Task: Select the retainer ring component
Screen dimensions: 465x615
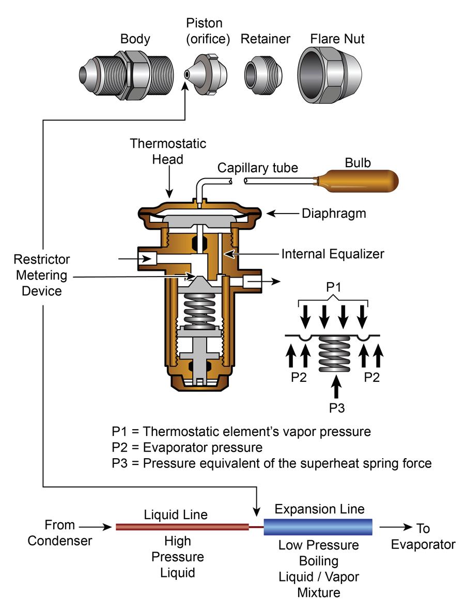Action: coord(263,74)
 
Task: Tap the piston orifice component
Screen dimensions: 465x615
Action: coord(206,74)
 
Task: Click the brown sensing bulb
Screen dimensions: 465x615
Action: coord(357,181)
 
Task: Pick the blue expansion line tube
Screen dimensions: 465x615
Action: coord(318,527)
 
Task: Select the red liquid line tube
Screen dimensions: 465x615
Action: coord(182,527)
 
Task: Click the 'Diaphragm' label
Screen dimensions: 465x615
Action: coord(334,214)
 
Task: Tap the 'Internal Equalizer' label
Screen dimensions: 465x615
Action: coord(333,254)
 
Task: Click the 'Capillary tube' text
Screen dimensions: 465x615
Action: coord(258,168)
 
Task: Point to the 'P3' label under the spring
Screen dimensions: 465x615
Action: coord(336,408)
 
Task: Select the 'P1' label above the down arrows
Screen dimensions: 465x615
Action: coord(333,287)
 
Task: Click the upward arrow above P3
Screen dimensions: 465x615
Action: coord(336,387)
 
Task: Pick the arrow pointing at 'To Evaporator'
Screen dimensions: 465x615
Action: coord(396,527)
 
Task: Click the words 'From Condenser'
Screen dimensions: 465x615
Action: coord(60,532)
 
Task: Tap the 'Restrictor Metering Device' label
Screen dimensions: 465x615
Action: coord(42,275)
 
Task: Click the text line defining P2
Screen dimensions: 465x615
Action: coord(187,447)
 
